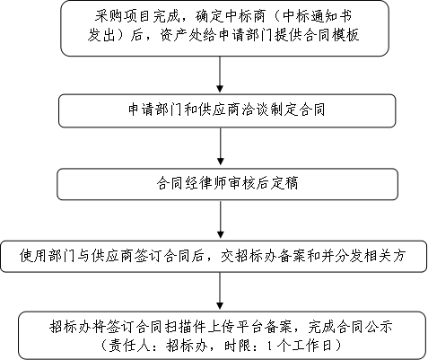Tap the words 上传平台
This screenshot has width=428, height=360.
click(236, 327)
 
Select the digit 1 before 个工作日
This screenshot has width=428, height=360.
click(270, 346)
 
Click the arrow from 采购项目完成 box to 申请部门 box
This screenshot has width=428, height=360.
click(220, 75)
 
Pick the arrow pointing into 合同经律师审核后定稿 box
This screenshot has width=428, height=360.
click(221, 146)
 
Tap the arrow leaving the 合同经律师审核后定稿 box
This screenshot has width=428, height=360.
click(221, 220)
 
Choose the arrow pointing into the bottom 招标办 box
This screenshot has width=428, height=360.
click(220, 291)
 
